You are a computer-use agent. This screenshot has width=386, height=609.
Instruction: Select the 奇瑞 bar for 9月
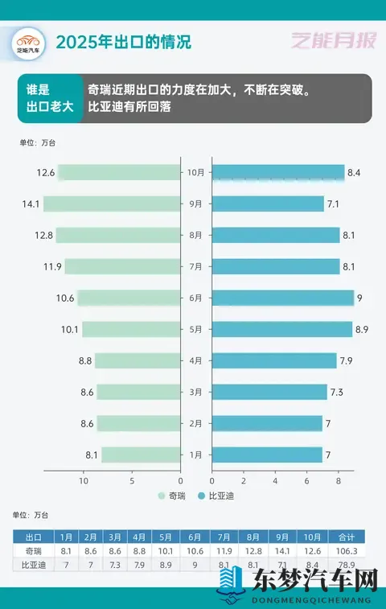point(112,204)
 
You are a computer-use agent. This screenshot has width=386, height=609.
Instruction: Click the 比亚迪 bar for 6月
point(282,298)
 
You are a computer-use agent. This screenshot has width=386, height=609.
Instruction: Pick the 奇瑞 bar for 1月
point(141,455)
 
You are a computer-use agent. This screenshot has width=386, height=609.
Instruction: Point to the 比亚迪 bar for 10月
point(278,172)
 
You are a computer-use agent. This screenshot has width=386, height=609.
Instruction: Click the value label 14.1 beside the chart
point(31,204)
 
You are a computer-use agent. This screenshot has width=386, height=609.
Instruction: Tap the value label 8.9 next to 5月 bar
point(363,329)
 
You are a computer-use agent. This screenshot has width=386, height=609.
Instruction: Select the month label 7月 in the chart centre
point(196,266)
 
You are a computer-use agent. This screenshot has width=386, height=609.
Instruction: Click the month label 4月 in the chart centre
point(196,360)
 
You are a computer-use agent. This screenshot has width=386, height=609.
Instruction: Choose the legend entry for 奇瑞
point(173,496)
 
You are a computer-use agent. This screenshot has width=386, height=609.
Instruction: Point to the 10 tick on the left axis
point(83,480)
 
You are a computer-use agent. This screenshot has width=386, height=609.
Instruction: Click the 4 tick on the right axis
point(275,480)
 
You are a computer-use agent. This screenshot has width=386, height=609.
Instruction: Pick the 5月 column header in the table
point(165,537)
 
